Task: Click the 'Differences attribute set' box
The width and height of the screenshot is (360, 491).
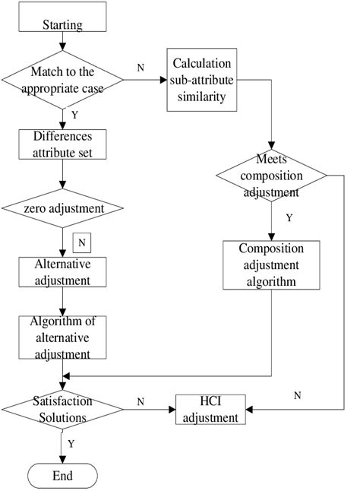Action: click(63, 144)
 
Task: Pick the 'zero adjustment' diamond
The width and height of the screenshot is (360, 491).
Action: click(63, 207)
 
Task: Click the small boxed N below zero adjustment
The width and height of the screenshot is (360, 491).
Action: click(81, 244)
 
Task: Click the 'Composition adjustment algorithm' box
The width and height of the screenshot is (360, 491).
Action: click(271, 265)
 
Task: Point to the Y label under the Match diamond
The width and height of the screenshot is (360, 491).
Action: click(73, 116)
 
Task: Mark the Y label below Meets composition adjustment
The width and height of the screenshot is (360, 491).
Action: click(289, 217)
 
